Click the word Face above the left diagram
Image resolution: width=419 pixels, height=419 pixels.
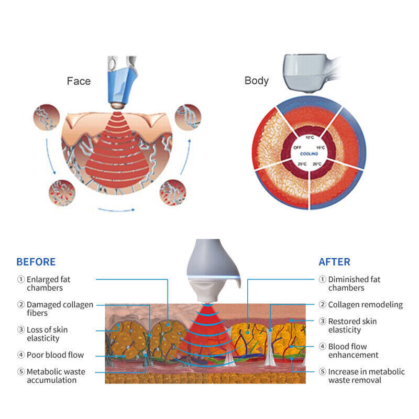[x=79, y=81]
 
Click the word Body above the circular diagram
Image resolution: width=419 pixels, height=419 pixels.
[x=257, y=81]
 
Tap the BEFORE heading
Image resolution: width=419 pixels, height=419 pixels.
[x=36, y=262]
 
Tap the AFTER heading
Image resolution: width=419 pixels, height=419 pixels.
[x=335, y=262]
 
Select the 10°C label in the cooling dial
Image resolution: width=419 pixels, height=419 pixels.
[x=310, y=137]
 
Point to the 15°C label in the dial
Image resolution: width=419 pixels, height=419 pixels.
[x=321, y=148]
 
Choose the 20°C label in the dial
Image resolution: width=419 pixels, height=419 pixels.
[x=317, y=164]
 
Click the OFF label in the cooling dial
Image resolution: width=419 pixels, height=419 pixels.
[x=297, y=148]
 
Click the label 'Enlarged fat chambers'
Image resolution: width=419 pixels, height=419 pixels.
[x=48, y=283]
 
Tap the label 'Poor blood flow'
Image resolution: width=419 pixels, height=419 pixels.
[x=55, y=355]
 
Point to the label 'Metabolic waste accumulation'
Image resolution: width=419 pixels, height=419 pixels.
[x=56, y=376]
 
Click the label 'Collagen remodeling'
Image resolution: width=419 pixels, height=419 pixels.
[x=365, y=304]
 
